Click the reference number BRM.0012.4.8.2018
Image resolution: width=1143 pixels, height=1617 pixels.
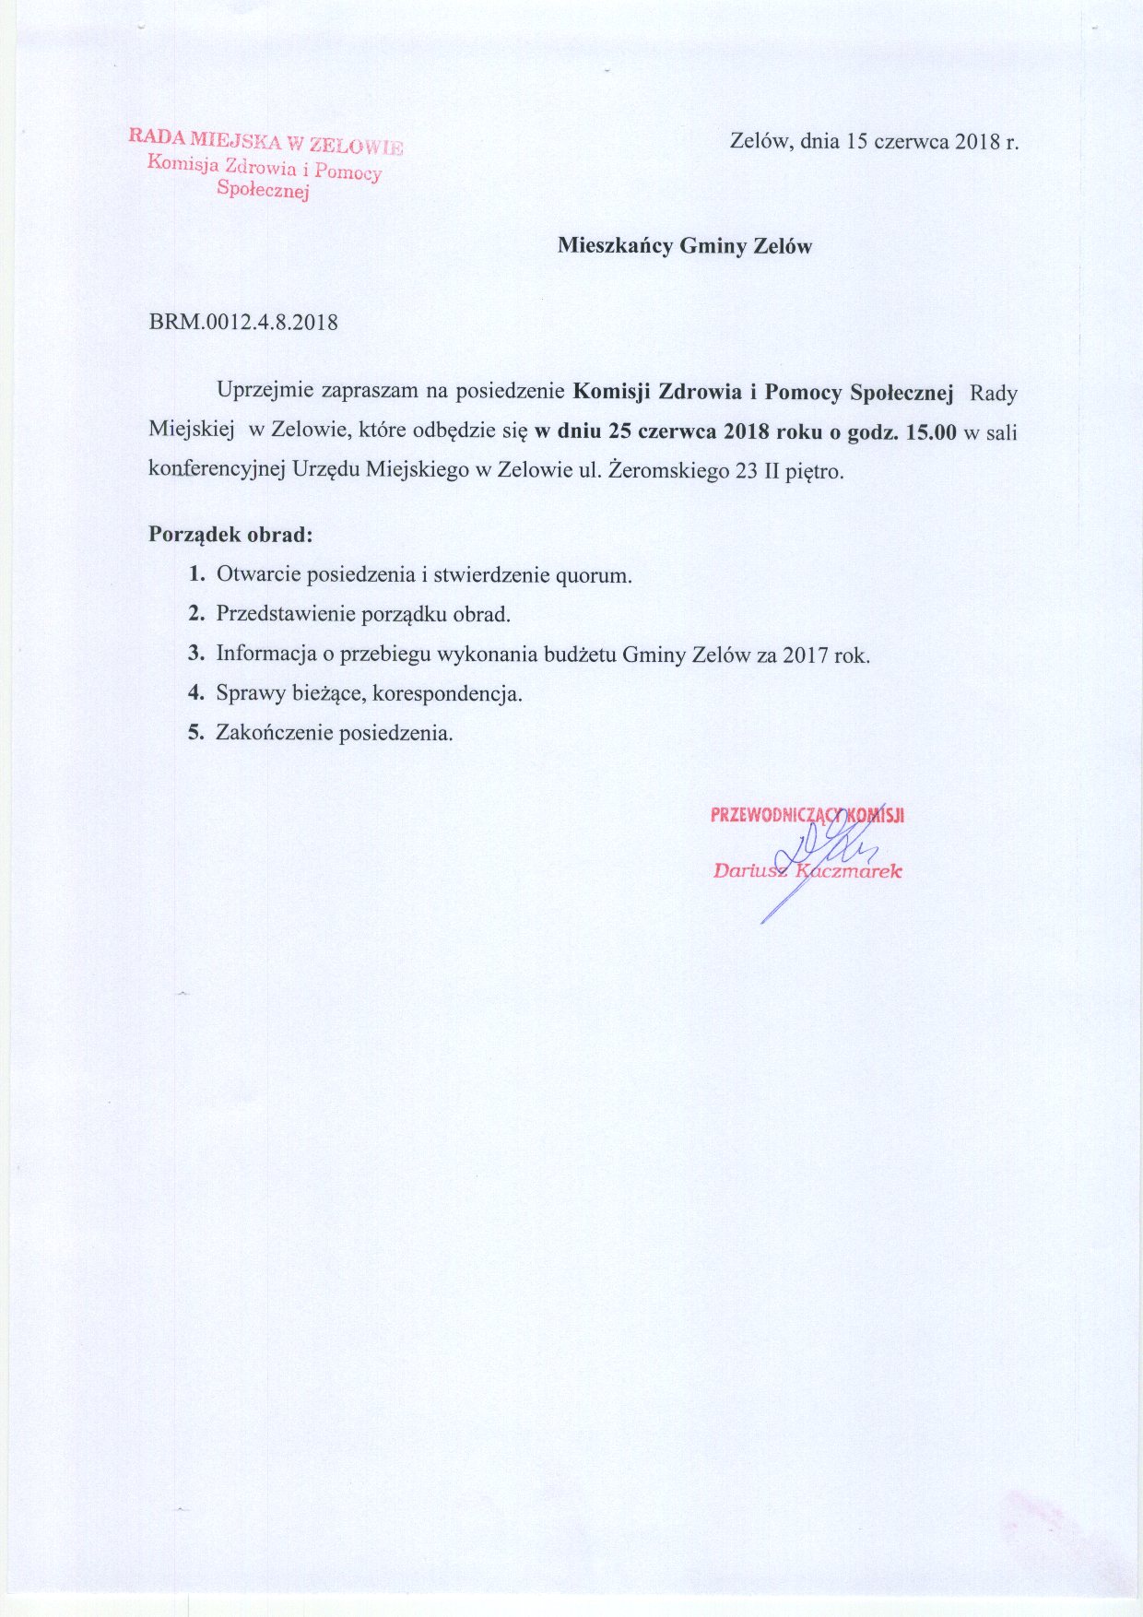coord(243,323)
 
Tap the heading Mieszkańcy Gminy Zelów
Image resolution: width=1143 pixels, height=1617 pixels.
coord(684,246)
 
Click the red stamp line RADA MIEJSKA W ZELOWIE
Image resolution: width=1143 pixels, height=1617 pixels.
coord(265,140)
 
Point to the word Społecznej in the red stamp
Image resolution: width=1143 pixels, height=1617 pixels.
coord(263,190)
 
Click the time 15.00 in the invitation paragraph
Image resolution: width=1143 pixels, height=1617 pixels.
coord(931,431)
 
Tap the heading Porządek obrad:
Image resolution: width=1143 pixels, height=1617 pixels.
coord(230,534)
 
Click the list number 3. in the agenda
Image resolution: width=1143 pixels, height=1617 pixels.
coord(195,654)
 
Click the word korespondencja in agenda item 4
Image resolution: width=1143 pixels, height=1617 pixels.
coord(447,693)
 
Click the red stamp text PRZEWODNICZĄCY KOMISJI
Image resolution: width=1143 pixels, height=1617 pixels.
coord(807,815)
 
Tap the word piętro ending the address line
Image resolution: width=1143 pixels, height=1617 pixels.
coord(811,472)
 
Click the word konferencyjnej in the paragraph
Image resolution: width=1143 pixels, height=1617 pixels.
coord(218,470)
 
